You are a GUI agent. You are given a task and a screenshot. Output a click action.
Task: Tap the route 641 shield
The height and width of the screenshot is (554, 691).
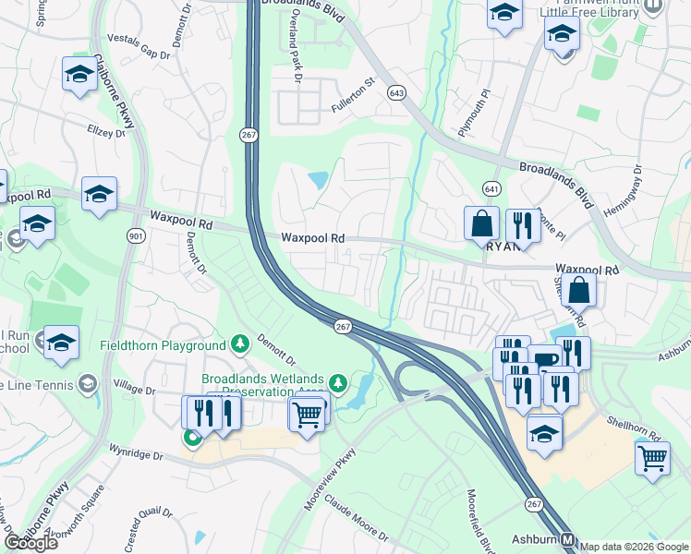pyautogui.click(x=491, y=188)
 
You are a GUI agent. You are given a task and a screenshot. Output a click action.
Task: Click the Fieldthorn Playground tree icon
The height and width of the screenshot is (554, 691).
pyautogui.click(x=240, y=345)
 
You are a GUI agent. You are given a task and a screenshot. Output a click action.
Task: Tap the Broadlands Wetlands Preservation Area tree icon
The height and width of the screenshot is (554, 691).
pyautogui.click(x=339, y=381)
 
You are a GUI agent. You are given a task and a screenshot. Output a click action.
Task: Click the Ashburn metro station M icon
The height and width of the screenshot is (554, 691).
pyautogui.click(x=569, y=540)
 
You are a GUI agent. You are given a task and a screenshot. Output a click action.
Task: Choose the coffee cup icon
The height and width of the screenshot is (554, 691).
pyautogui.click(x=545, y=359)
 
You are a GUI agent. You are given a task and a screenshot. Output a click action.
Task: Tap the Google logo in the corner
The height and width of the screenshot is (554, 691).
pyautogui.click(x=30, y=542)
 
